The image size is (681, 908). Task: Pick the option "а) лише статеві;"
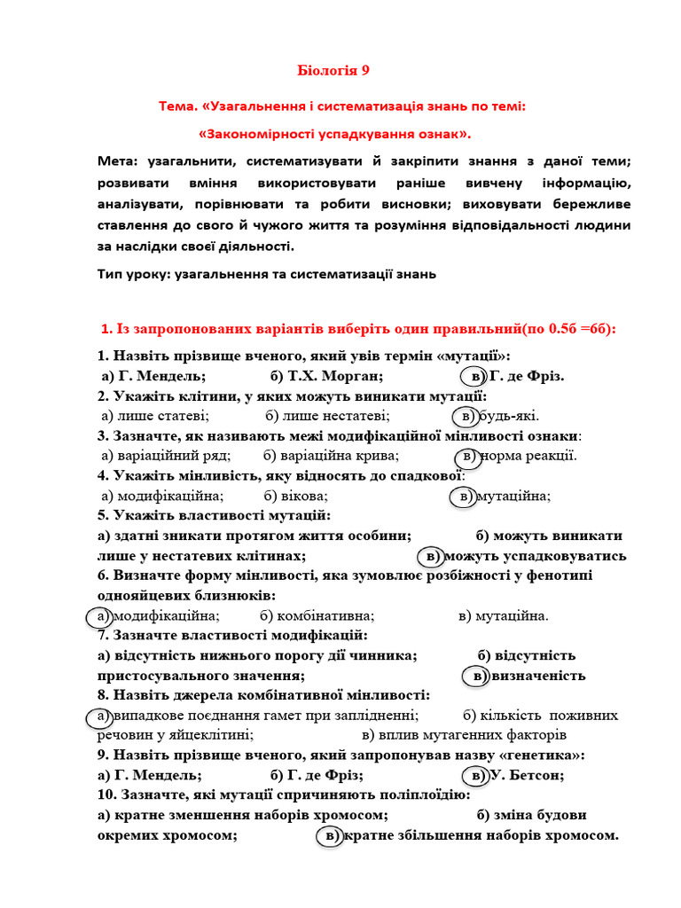coord(155,416)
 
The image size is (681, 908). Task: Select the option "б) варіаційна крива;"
coord(331,456)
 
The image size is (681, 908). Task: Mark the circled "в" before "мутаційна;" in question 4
coord(466,497)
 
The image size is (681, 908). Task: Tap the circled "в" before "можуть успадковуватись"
coord(431,556)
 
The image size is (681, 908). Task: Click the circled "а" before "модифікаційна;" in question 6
coord(102,616)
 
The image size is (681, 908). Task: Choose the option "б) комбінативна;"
coord(317,616)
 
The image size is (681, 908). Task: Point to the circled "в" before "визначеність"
coord(478,676)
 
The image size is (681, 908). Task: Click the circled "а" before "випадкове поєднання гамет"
coord(102,716)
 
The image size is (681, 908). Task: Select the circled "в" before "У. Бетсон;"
coord(478,775)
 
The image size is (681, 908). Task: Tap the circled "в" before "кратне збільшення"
coord(331,835)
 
